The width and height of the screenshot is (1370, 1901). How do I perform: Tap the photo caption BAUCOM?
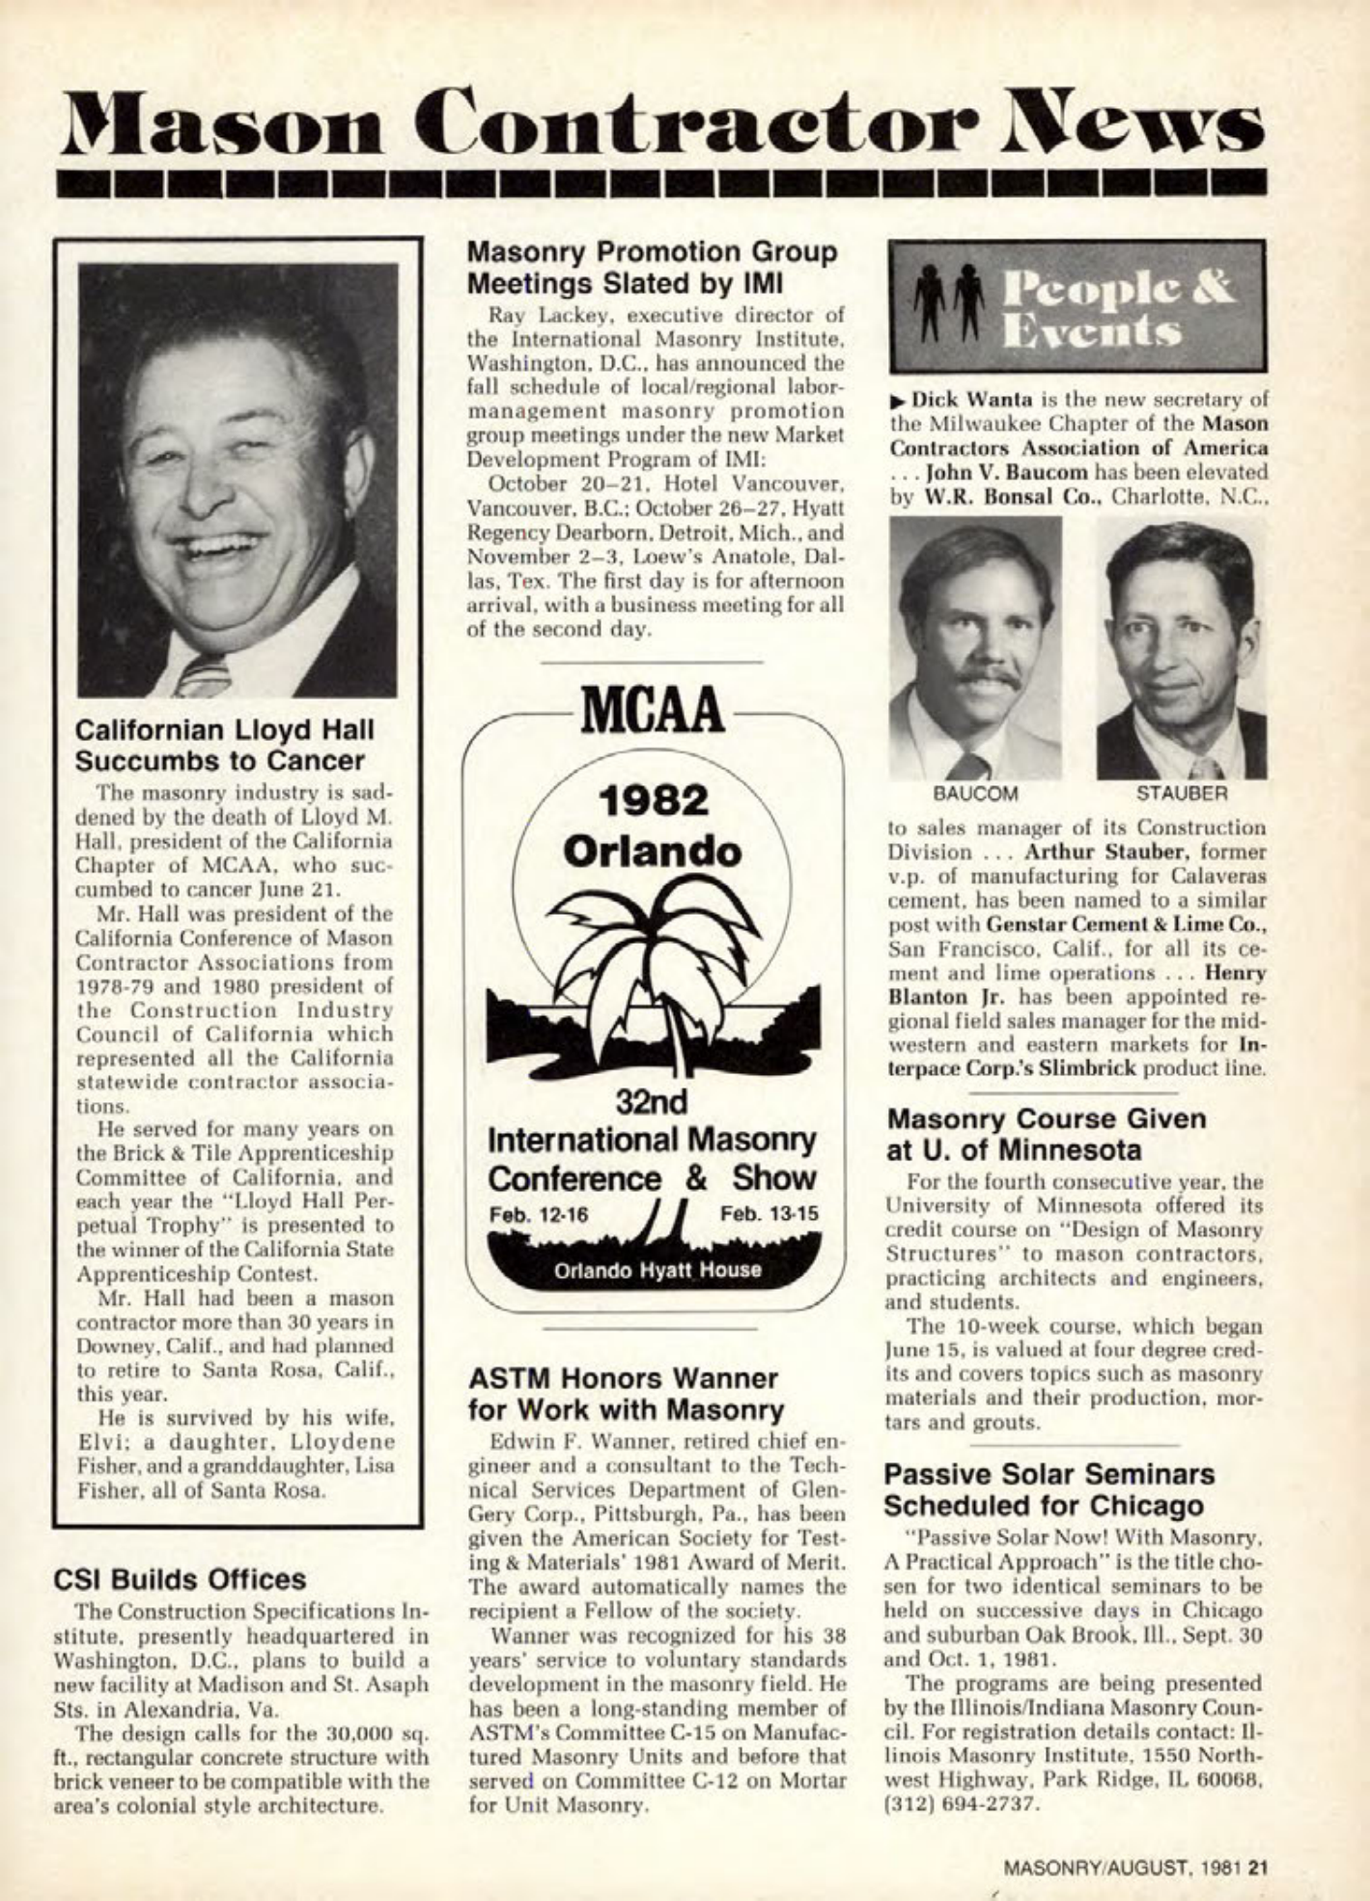click(x=974, y=793)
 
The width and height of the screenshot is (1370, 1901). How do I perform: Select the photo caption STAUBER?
click(x=1181, y=793)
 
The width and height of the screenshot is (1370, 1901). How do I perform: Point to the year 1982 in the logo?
click(x=654, y=801)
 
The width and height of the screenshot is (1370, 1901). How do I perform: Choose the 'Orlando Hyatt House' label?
click(x=657, y=1269)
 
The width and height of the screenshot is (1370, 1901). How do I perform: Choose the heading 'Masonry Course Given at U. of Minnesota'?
click(x=1047, y=1135)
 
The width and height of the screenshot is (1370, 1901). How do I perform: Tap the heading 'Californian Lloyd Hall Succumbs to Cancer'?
click(x=224, y=744)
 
